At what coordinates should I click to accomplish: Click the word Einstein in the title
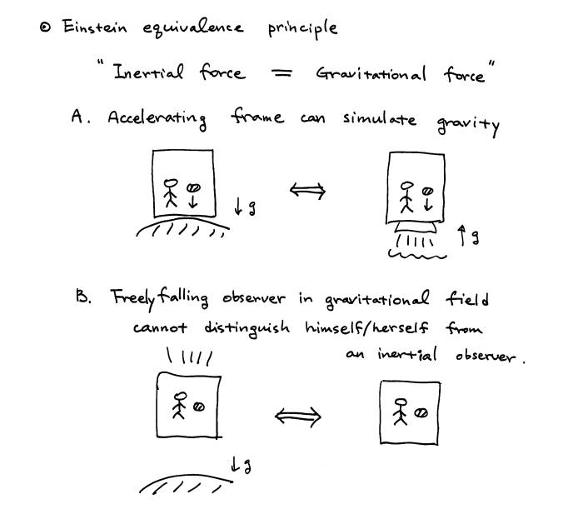(95, 27)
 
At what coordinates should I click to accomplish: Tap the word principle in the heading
(303, 28)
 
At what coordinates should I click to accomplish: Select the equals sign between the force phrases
(282, 73)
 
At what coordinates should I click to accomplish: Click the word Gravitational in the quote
(371, 74)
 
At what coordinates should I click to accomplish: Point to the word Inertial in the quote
(149, 72)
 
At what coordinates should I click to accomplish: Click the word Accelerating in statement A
(157, 119)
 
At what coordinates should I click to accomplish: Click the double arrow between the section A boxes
(307, 192)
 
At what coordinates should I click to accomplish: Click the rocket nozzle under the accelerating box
(417, 227)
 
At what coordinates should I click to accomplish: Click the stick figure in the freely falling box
(178, 405)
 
